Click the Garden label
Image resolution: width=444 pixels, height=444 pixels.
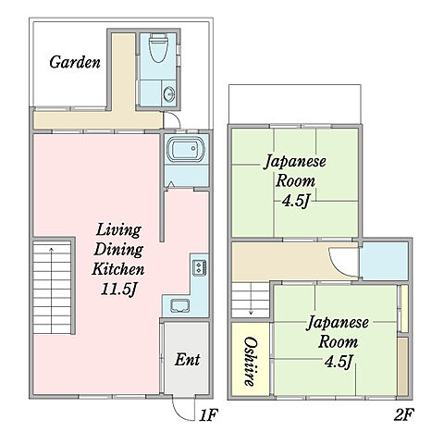pyautogui.click(x=75, y=62)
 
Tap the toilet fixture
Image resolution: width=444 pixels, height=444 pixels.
pyautogui.click(x=158, y=48)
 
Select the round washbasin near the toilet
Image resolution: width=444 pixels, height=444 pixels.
pyautogui.click(x=169, y=93)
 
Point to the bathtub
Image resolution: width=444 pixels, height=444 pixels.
pyautogui.click(x=186, y=149)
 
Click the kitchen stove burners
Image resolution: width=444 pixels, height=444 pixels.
pyautogui.click(x=199, y=267)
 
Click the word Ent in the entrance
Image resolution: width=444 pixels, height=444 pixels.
pyautogui.click(x=187, y=360)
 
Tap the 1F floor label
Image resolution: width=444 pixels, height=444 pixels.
pyautogui.click(x=209, y=414)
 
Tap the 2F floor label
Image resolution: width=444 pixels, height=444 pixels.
pyautogui.click(x=404, y=414)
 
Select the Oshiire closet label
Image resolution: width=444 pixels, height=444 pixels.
pyautogui.click(x=251, y=362)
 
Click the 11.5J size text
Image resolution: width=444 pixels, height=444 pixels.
pyautogui.click(x=118, y=290)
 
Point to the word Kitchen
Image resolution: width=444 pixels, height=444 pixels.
pyautogui.click(x=118, y=269)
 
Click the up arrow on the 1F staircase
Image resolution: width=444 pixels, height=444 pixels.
pyautogui.click(x=52, y=290)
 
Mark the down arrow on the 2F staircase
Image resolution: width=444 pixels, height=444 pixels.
pyautogui.click(x=252, y=299)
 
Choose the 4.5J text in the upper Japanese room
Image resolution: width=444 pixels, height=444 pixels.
pyautogui.click(x=295, y=202)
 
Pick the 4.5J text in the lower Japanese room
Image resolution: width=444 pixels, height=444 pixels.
pyautogui.click(x=339, y=362)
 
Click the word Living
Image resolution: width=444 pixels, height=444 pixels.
pyautogui.click(x=118, y=230)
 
